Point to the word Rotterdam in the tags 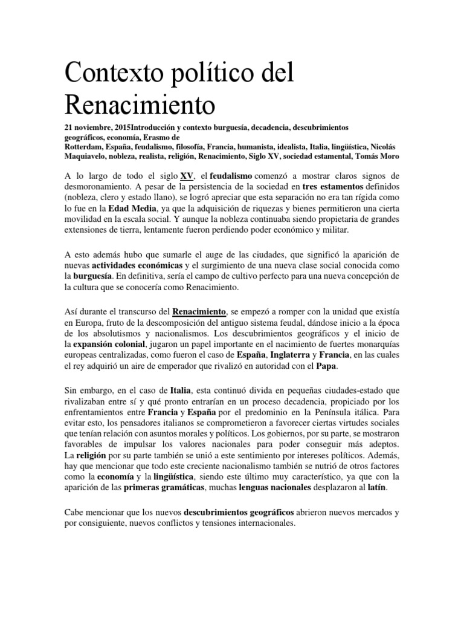85,146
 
